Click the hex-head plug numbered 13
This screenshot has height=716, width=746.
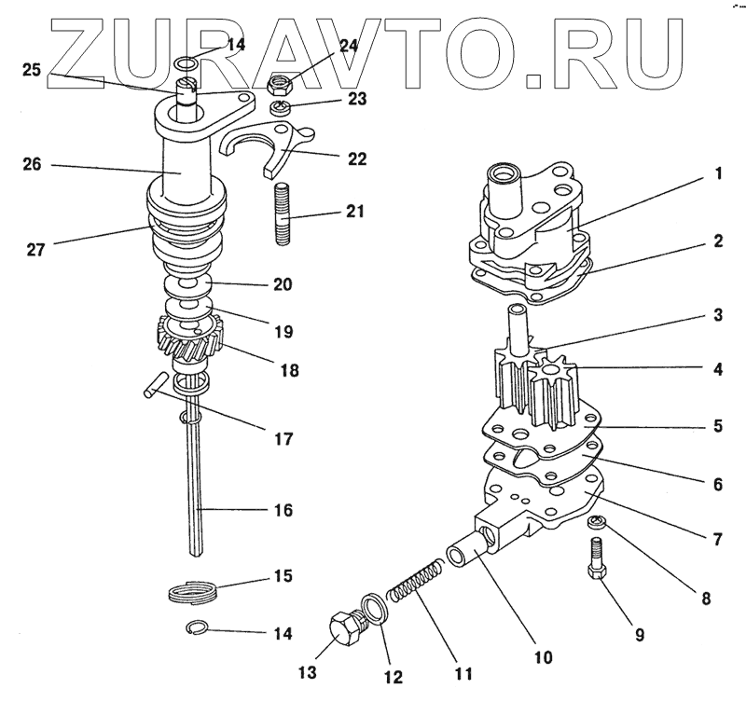coord(347,633)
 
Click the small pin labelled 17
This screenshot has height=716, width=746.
coord(156,385)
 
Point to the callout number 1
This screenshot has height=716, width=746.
coord(718,173)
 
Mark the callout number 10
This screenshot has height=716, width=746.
coord(543,657)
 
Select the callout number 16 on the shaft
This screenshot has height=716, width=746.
coord(282,511)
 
